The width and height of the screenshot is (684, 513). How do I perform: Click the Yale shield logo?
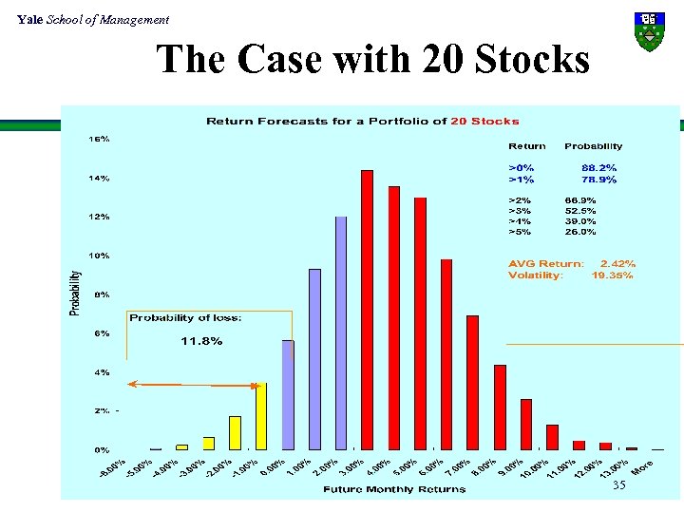(649, 30)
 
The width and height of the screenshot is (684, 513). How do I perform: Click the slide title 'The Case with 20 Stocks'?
(373, 60)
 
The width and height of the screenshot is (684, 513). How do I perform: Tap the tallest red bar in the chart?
(367, 309)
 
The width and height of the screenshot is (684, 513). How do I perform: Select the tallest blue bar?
(341, 332)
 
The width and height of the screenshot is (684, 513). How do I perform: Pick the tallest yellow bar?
(261, 415)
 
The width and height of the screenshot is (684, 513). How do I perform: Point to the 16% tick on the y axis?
(99, 139)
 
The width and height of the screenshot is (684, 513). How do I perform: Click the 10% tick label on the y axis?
(99, 256)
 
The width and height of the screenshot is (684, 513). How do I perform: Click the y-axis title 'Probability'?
(75, 294)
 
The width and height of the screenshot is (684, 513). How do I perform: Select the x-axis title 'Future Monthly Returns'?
(393, 489)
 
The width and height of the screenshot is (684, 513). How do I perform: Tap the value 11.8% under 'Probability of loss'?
(201, 341)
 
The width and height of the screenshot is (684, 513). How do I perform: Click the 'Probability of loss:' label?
(185, 317)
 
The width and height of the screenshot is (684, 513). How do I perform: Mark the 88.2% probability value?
(598, 167)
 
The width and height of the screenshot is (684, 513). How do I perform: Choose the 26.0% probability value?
(579, 231)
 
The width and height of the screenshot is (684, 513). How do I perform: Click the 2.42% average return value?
(617, 263)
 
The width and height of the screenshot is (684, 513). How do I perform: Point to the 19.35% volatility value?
(612, 275)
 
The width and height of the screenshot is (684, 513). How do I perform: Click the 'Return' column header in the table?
(527, 146)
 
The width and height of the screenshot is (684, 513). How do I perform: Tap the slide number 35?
(619, 485)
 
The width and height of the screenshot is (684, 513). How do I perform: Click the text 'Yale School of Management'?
(93, 19)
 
